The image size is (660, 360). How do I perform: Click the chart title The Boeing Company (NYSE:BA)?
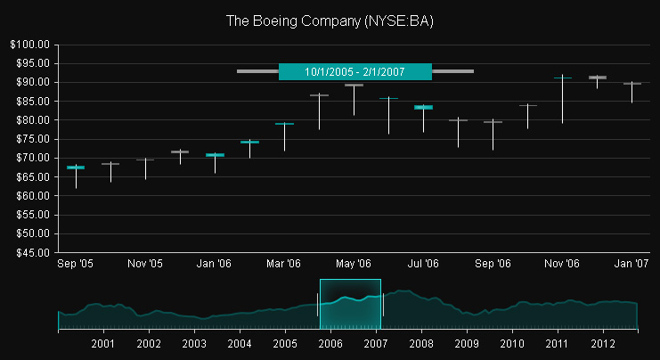click(330, 20)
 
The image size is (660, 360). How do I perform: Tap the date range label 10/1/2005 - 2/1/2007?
click(354, 71)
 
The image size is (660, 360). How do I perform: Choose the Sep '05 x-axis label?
click(76, 264)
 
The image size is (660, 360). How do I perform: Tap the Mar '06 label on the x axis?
click(284, 264)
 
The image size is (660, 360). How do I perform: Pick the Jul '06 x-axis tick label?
click(423, 264)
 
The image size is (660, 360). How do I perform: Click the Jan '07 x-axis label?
click(631, 264)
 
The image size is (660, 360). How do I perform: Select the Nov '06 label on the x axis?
click(562, 264)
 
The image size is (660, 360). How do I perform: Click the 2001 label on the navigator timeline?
click(103, 343)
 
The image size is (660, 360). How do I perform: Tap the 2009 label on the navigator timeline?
click(467, 343)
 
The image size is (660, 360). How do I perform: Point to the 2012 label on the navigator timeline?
click(603, 343)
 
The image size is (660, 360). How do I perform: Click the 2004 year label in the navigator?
click(240, 343)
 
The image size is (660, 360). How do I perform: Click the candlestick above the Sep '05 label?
click(76, 168)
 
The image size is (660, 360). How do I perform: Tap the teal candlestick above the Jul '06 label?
click(423, 107)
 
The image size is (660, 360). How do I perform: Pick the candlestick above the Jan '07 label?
click(631, 84)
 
